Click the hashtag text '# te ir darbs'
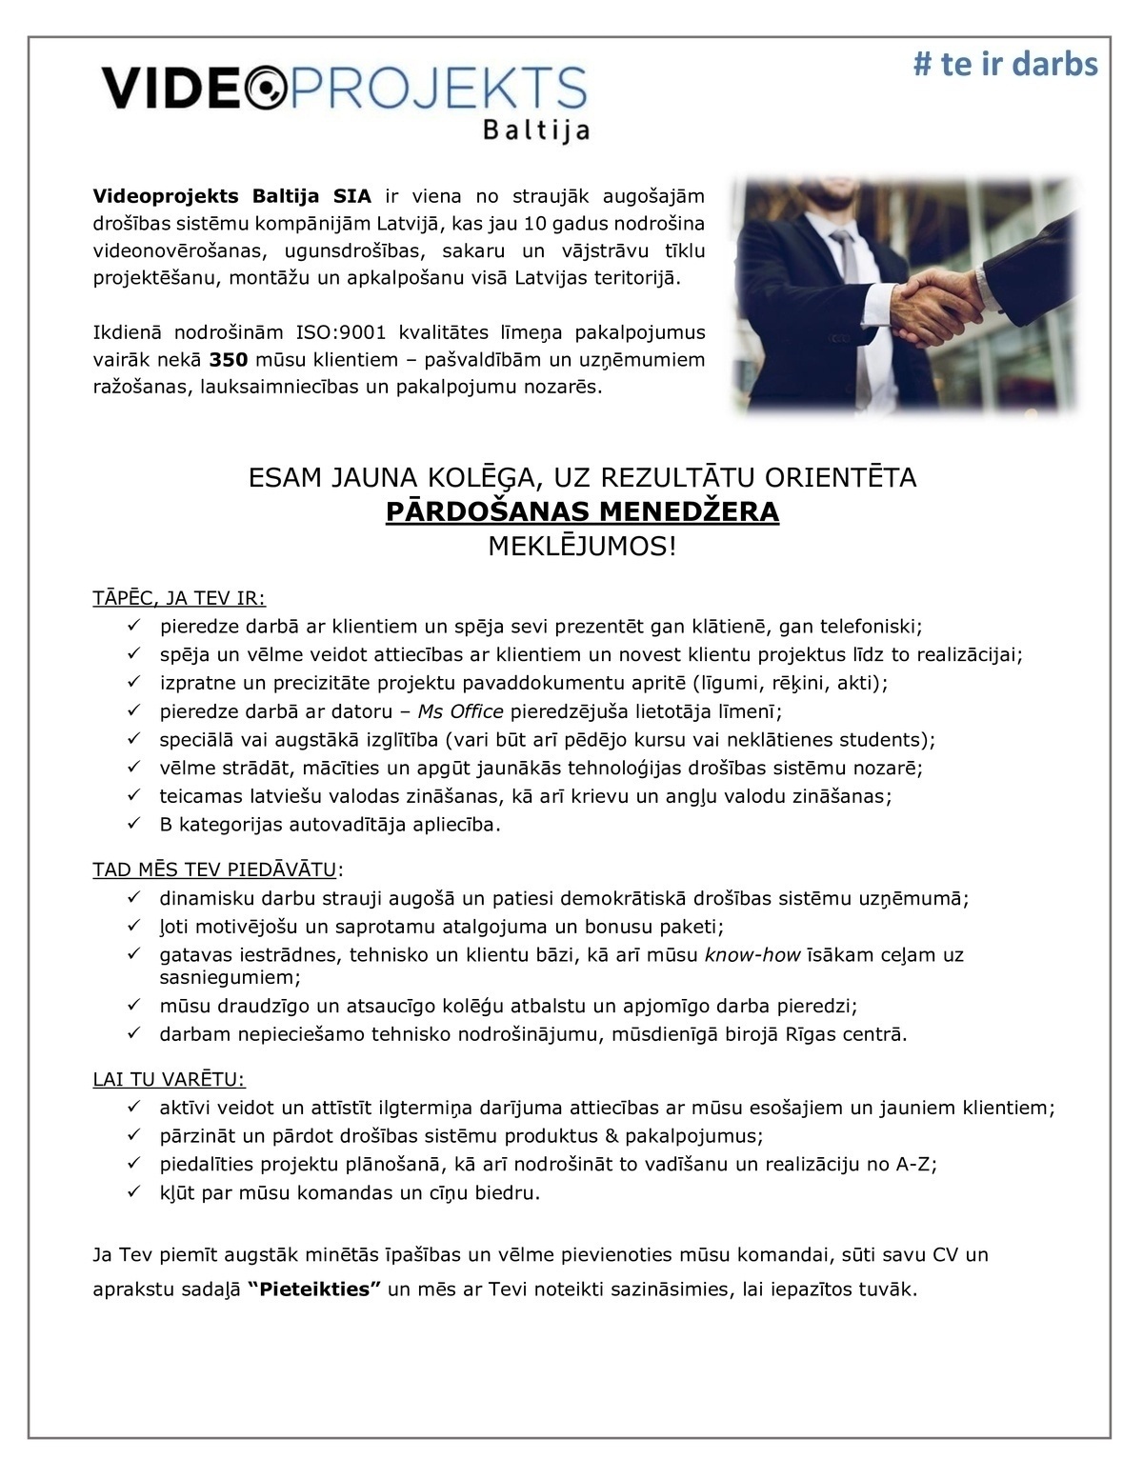(x=1005, y=64)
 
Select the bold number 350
(x=229, y=360)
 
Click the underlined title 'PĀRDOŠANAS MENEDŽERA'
(x=582, y=512)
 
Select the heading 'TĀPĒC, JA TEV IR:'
(x=179, y=598)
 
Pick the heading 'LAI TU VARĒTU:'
(x=169, y=1079)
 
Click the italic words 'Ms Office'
(x=460, y=711)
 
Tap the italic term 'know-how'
(x=752, y=954)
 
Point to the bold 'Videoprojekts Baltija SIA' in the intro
(x=232, y=197)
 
